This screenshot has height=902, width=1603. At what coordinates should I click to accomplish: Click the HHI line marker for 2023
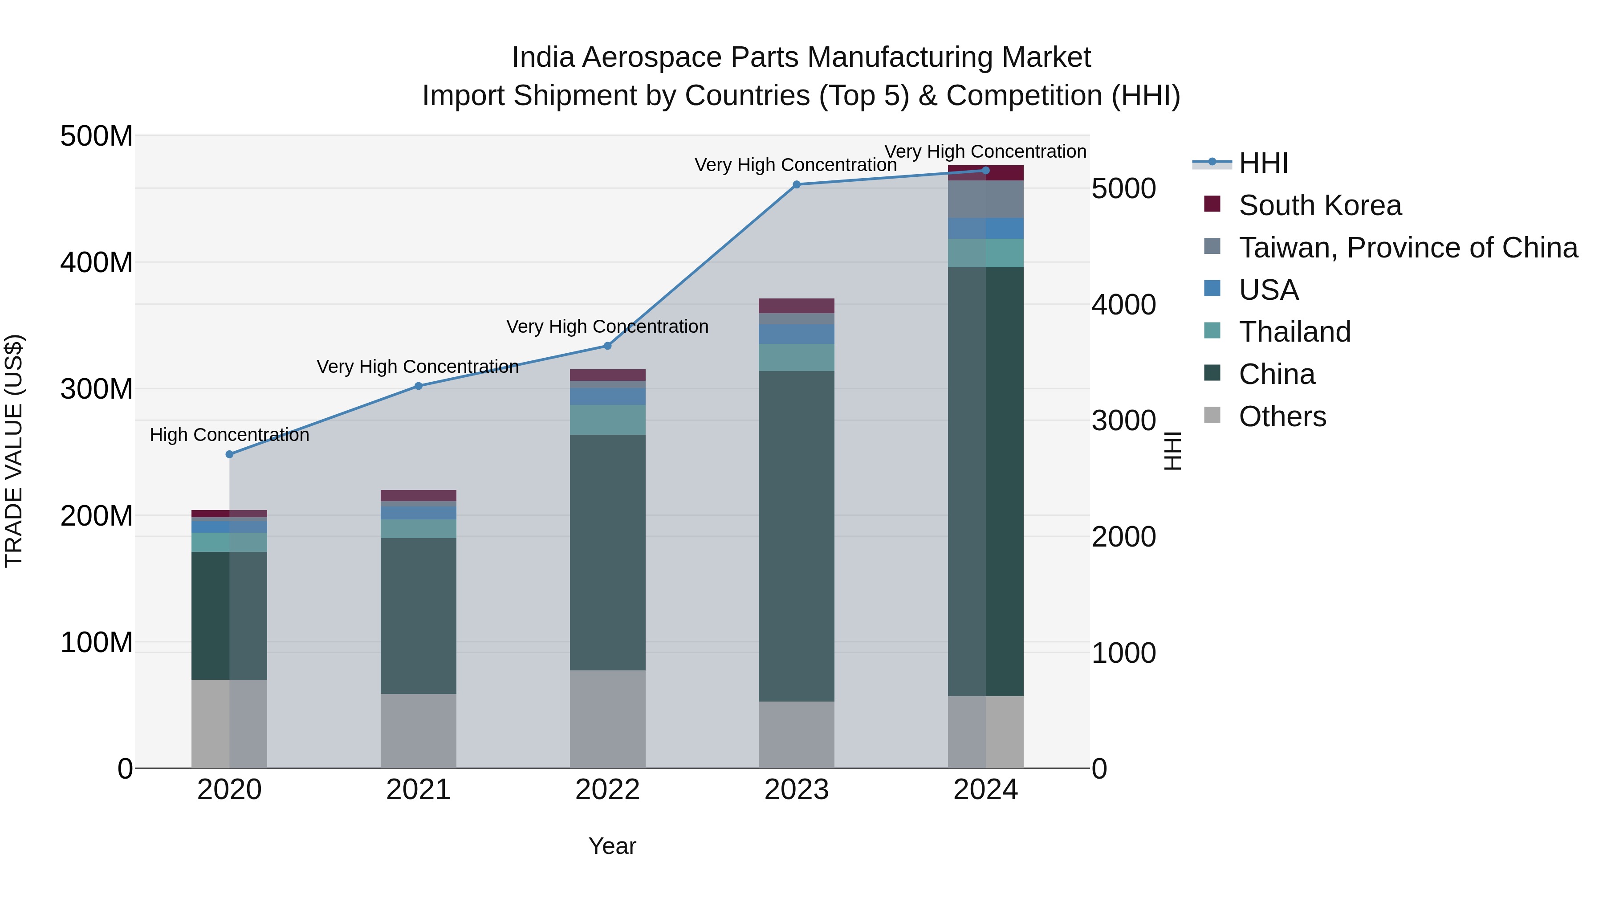[797, 184]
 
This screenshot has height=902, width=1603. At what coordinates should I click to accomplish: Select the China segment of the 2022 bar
[607, 552]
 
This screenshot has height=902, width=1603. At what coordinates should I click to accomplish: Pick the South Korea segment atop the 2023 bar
[797, 306]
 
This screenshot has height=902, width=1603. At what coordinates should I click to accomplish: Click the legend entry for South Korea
[1319, 205]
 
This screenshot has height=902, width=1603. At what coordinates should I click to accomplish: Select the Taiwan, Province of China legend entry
[1408, 248]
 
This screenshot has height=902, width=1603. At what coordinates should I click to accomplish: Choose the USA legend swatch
[1212, 289]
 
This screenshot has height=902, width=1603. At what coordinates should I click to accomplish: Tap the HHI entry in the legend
[1263, 163]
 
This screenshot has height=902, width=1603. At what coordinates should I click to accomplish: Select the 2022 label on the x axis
[607, 790]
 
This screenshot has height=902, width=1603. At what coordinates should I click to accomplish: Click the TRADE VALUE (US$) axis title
[14, 451]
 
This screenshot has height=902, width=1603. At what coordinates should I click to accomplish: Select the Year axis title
[612, 846]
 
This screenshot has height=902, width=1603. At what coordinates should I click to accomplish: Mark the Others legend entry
[1282, 416]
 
